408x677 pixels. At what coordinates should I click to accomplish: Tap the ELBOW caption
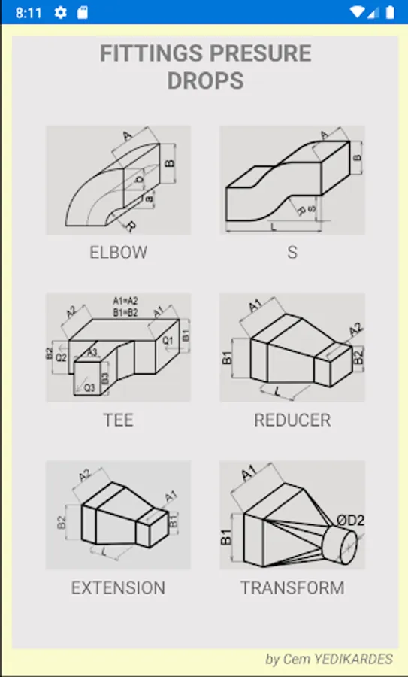click(x=118, y=252)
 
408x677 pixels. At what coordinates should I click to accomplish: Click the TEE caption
click(x=118, y=420)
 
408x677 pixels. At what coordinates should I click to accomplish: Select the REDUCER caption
click(x=292, y=420)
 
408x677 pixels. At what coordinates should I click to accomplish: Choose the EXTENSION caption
click(x=118, y=587)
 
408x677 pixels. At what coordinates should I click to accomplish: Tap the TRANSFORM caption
click(x=292, y=587)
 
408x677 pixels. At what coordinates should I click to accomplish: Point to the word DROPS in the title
click(x=205, y=80)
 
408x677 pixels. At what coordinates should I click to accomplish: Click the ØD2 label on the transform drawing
click(x=350, y=520)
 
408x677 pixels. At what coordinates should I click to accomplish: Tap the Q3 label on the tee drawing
click(x=89, y=387)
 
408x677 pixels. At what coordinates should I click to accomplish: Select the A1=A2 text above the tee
click(x=125, y=301)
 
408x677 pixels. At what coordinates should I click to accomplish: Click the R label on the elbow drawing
click(x=131, y=226)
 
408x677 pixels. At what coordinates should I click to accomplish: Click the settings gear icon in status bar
click(x=60, y=13)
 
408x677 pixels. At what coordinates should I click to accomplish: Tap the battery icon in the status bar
click(x=390, y=12)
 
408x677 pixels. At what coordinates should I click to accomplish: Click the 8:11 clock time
click(x=29, y=13)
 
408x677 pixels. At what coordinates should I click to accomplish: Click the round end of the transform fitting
click(x=340, y=546)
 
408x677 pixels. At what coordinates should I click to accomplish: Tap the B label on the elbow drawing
click(x=171, y=164)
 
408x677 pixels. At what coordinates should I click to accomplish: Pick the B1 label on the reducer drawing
click(x=227, y=357)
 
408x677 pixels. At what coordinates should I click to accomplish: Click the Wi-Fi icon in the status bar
click(x=357, y=12)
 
